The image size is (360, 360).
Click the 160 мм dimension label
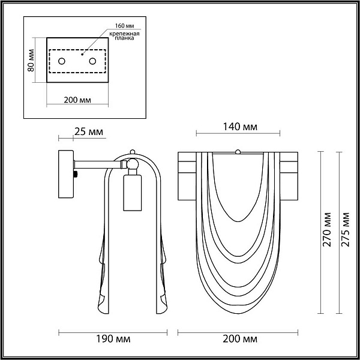[124, 25]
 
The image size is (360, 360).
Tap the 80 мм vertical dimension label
[31, 61]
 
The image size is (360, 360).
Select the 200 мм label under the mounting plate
[77, 100]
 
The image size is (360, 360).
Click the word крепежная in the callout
[124, 34]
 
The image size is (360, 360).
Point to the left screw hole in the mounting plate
[62, 61]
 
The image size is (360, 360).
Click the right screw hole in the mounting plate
[93, 61]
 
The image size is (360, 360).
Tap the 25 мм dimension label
[89, 132]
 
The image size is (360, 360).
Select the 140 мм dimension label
[241, 127]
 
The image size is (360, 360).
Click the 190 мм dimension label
[113, 339]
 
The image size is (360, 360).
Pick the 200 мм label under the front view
[240, 339]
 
